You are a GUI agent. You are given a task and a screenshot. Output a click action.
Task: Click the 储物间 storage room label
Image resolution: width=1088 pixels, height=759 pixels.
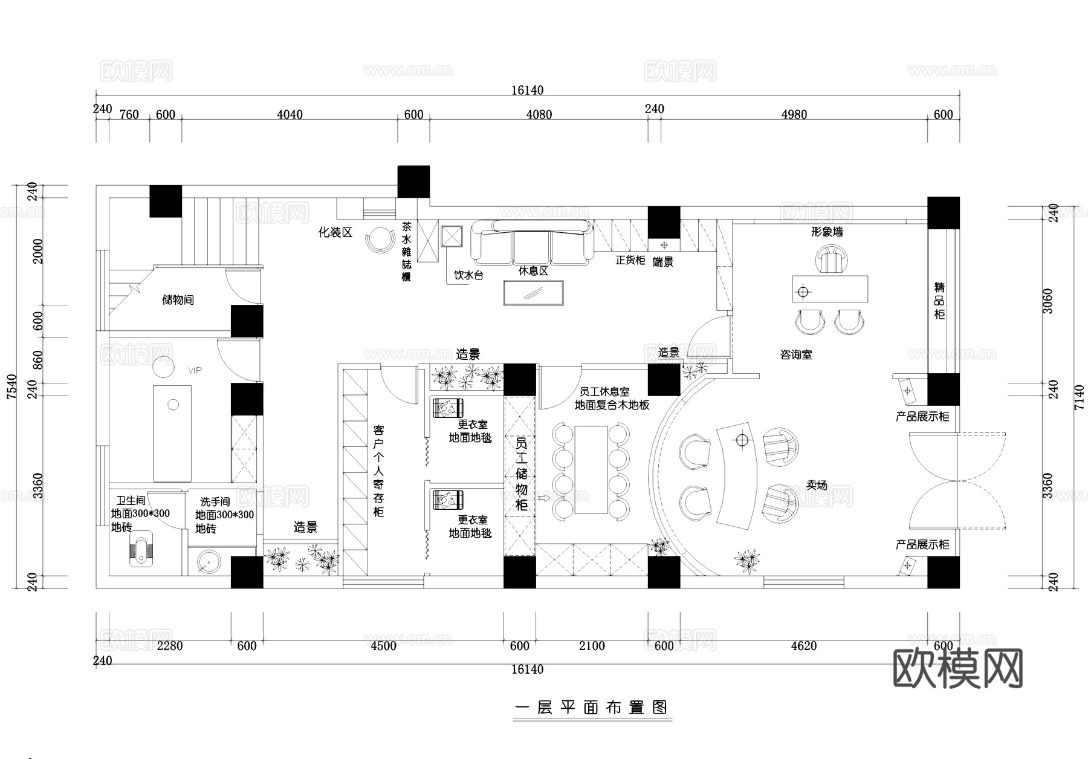(x=178, y=300)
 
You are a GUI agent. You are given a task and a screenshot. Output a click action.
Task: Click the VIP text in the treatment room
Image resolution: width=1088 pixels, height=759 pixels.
(x=195, y=370)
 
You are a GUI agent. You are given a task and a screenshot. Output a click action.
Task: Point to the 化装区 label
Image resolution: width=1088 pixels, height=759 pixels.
(x=335, y=232)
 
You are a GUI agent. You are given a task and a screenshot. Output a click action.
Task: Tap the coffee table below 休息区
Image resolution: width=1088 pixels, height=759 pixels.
(x=534, y=293)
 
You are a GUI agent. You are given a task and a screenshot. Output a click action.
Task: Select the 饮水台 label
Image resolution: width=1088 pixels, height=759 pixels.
(x=468, y=276)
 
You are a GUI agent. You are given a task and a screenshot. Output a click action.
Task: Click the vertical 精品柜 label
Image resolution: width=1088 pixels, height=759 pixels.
(x=939, y=301)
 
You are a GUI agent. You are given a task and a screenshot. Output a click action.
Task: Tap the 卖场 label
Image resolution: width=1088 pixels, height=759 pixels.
(x=817, y=485)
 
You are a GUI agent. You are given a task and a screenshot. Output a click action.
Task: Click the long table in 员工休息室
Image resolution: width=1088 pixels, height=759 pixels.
(x=591, y=470)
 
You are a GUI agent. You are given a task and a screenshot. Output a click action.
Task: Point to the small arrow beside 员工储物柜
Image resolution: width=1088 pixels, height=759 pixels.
(x=542, y=498)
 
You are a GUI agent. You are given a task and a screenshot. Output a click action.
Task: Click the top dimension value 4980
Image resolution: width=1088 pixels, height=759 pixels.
(x=794, y=115)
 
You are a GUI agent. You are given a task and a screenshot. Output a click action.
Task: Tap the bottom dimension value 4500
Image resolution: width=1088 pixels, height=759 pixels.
(x=383, y=646)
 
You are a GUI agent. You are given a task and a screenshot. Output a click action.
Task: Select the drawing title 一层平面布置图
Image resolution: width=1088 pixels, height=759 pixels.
(x=592, y=708)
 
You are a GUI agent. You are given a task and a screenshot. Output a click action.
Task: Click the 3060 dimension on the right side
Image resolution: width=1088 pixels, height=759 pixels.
(x=1048, y=301)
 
